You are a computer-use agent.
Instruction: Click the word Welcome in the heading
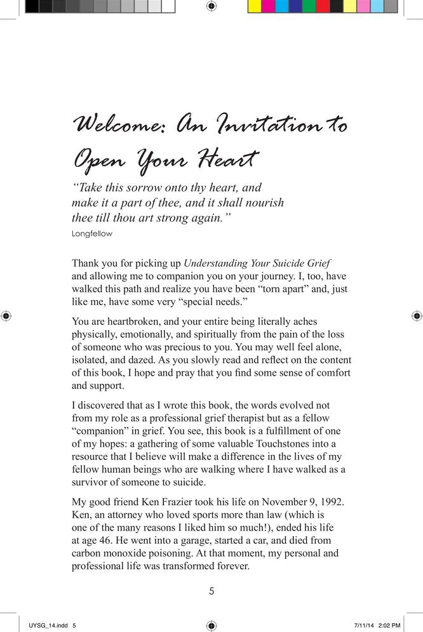pyautogui.click(x=118, y=124)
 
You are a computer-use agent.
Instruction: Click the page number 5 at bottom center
pyautogui.click(x=211, y=591)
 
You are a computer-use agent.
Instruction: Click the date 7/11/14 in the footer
pyautogui.click(x=363, y=626)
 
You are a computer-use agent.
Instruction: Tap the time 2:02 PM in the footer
pyautogui.click(x=390, y=626)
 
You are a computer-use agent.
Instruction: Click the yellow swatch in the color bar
pyautogui.click(x=254, y=6)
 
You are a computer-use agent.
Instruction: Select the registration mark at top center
pyautogui.click(x=211, y=6)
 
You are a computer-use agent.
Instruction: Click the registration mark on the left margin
pyautogui.click(x=6, y=315)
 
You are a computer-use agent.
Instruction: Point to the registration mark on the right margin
pyautogui.click(x=417, y=315)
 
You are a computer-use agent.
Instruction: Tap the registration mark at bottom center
pyautogui.click(x=211, y=626)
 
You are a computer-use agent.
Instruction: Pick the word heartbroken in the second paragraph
pyautogui.click(x=135, y=322)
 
